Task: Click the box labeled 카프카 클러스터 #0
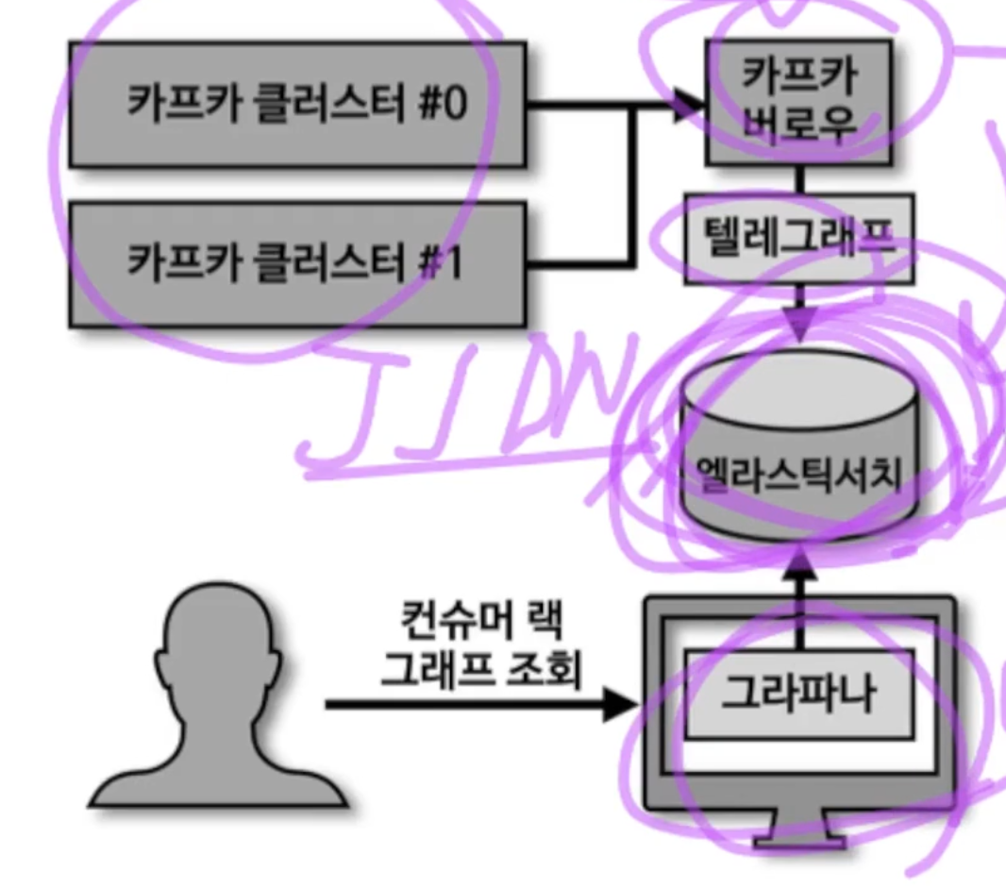click(x=296, y=105)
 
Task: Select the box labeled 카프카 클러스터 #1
click(x=296, y=263)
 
